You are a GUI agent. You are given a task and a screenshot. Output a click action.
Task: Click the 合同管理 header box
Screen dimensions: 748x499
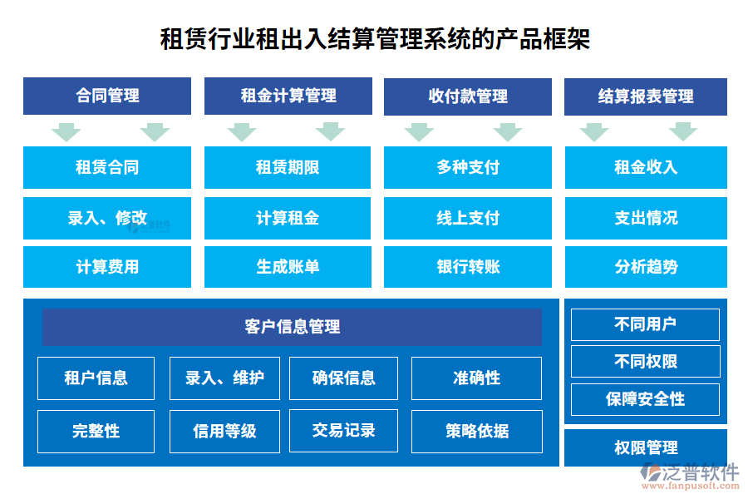tap(107, 96)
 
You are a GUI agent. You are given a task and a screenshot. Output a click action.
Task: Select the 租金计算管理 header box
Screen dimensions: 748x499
tap(288, 96)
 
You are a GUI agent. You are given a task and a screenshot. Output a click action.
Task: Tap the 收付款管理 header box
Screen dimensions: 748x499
tap(467, 96)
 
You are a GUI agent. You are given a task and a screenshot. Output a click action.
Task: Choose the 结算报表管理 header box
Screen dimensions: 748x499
tap(646, 96)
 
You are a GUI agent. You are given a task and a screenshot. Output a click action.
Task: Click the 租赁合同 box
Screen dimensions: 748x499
tap(107, 167)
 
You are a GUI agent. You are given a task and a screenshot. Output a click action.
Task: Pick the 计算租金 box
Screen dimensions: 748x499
tap(288, 218)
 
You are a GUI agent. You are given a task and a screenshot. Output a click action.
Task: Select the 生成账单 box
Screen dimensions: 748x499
tap(288, 266)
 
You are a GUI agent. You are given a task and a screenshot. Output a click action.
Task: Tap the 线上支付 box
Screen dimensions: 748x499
tap(467, 218)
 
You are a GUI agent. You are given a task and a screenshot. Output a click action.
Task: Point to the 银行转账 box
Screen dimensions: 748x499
tap(467, 266)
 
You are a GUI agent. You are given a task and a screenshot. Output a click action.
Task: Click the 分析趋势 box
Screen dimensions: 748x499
tap(646, 266)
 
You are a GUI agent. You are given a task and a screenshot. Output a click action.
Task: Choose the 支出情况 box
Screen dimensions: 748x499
tap(646, 218)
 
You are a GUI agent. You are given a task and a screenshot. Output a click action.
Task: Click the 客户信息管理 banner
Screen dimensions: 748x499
tap(292, 327)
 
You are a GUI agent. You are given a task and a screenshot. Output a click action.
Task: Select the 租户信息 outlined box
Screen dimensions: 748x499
tap(96, 378)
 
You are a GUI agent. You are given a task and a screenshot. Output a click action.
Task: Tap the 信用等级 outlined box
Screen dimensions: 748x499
tap(224, 431)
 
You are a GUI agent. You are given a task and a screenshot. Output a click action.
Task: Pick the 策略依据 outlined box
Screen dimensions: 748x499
tap(477, 431)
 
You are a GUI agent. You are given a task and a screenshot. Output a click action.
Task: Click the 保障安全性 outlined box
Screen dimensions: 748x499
tap(645, 399)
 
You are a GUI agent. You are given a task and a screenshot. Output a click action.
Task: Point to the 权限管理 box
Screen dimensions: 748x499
tap(646, 447)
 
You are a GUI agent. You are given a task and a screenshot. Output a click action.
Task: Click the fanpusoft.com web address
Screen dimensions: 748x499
tap(691, 486)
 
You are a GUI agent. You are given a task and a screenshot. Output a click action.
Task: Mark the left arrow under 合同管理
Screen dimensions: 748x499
tap(66, 131)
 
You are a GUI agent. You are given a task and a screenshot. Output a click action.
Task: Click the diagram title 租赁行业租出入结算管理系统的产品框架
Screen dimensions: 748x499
tap(375, 39)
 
